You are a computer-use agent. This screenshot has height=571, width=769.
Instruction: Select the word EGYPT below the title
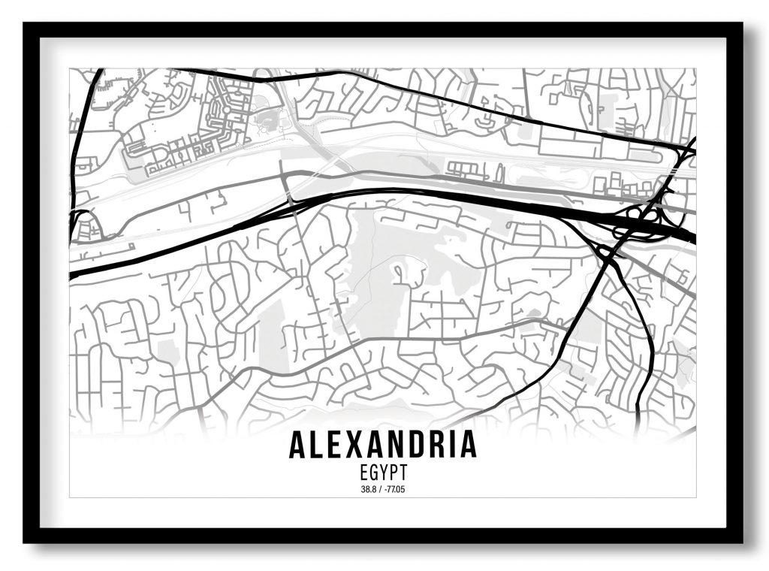click(383, 474)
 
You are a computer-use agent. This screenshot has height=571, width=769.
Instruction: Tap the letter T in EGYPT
click(403, 474)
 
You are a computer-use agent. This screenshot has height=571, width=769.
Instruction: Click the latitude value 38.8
click(366, 490)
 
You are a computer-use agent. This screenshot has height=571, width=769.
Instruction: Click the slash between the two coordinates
click(378, 490)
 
